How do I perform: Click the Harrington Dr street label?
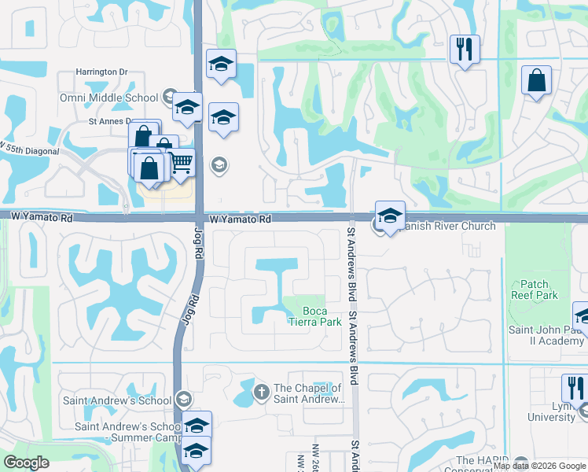click(x=101, y=72)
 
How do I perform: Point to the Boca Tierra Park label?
click(x=314, y=315)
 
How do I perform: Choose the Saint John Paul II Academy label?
click(x=546, y=335)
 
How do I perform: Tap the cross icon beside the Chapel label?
click(x=261, y=391)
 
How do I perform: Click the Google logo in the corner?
click(x=26, y=463)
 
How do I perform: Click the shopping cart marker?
click(x=182, y=163)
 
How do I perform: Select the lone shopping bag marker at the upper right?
click(x=535, y=81)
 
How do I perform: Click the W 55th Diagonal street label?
click(x=24, y=149)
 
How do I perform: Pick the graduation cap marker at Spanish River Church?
click(x=390, y=215)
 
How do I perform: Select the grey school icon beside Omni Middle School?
click(x=168, y=98)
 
